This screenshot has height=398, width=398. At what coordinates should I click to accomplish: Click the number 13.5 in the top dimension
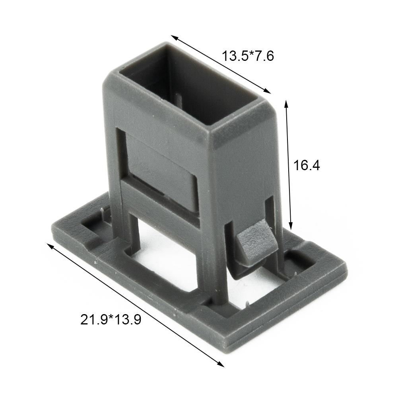coord(235,56)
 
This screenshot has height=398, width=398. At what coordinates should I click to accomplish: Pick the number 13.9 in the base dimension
coord(127,319)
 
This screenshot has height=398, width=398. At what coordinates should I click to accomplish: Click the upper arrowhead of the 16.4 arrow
coord(286,103)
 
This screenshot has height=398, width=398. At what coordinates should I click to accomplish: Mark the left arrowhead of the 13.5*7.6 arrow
coord(174,37)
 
